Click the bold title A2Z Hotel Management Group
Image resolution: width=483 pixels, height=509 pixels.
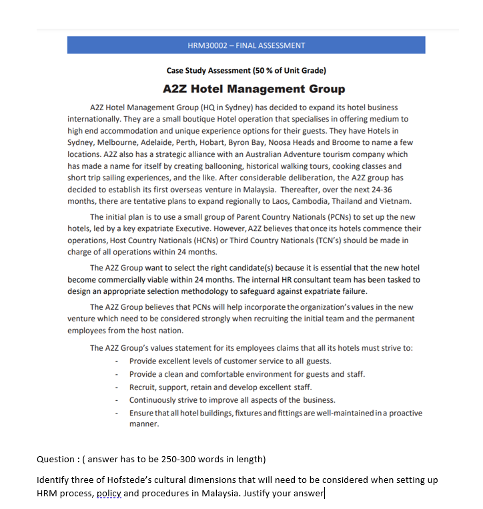tap(254, 89)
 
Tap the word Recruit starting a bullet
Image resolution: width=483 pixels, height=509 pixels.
tap(143, 387)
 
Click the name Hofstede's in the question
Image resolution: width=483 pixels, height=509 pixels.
tap(139, 481)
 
